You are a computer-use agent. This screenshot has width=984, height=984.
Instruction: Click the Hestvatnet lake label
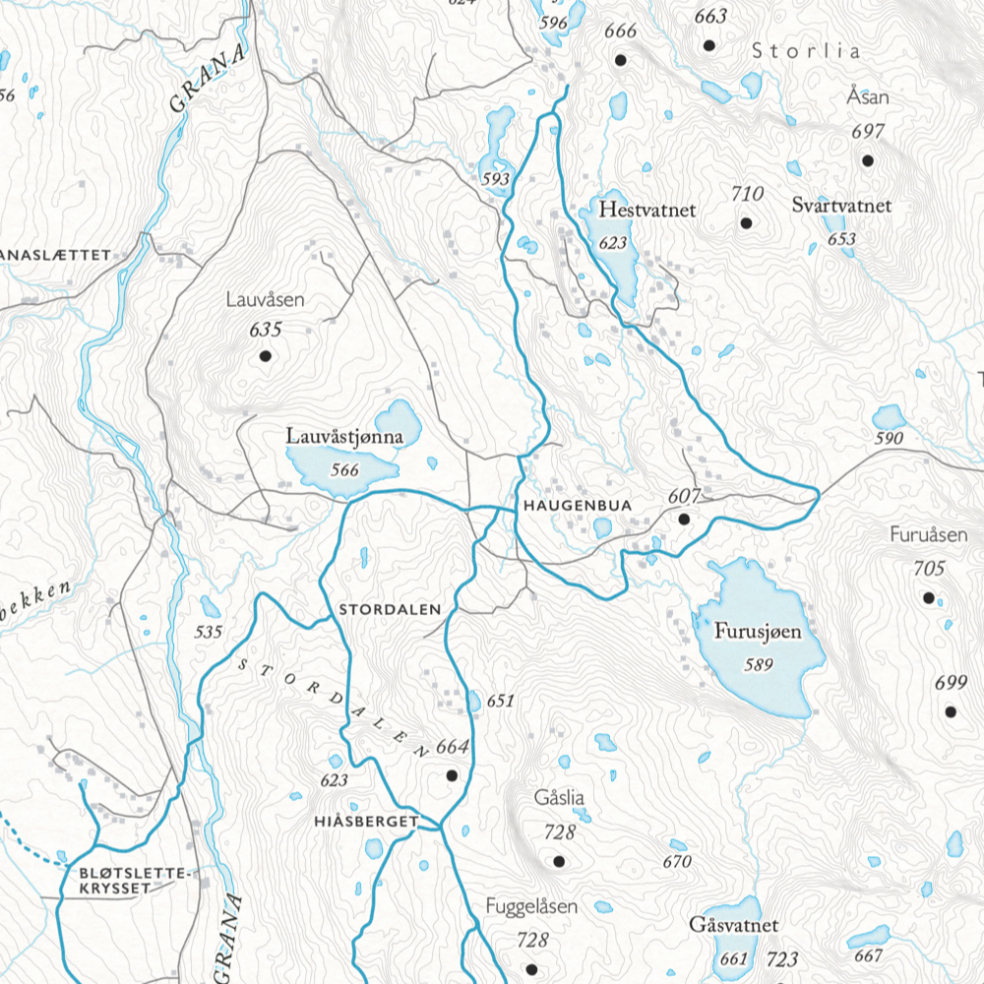tap(646, 211)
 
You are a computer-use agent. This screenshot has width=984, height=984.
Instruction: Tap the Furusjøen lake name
tap(757, 632)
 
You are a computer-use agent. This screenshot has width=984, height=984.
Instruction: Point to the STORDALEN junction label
tap(390, 610)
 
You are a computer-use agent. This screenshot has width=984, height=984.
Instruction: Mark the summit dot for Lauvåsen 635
tap(264, 356)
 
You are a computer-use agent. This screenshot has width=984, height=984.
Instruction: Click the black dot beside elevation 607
tap(684, 518)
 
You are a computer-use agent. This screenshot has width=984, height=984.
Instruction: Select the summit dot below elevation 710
tap(746, 222)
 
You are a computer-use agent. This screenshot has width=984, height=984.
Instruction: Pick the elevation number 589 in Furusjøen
tap(759, 665)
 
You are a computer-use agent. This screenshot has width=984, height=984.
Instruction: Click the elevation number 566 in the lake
tap(344, 469)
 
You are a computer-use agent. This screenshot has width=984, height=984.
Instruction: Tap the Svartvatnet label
tap(841, 206)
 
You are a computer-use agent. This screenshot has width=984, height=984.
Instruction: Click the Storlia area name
tap(806, 51)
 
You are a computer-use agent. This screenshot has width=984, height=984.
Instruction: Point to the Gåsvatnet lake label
tap(734, 926)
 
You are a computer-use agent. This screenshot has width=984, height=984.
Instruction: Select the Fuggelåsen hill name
tap(531, 907)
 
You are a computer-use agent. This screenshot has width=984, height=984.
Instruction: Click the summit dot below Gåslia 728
tap(559, 862)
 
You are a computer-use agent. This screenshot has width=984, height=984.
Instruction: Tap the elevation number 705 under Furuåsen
tap(929, 568)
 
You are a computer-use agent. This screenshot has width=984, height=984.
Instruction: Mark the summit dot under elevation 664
tap(452, 775)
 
